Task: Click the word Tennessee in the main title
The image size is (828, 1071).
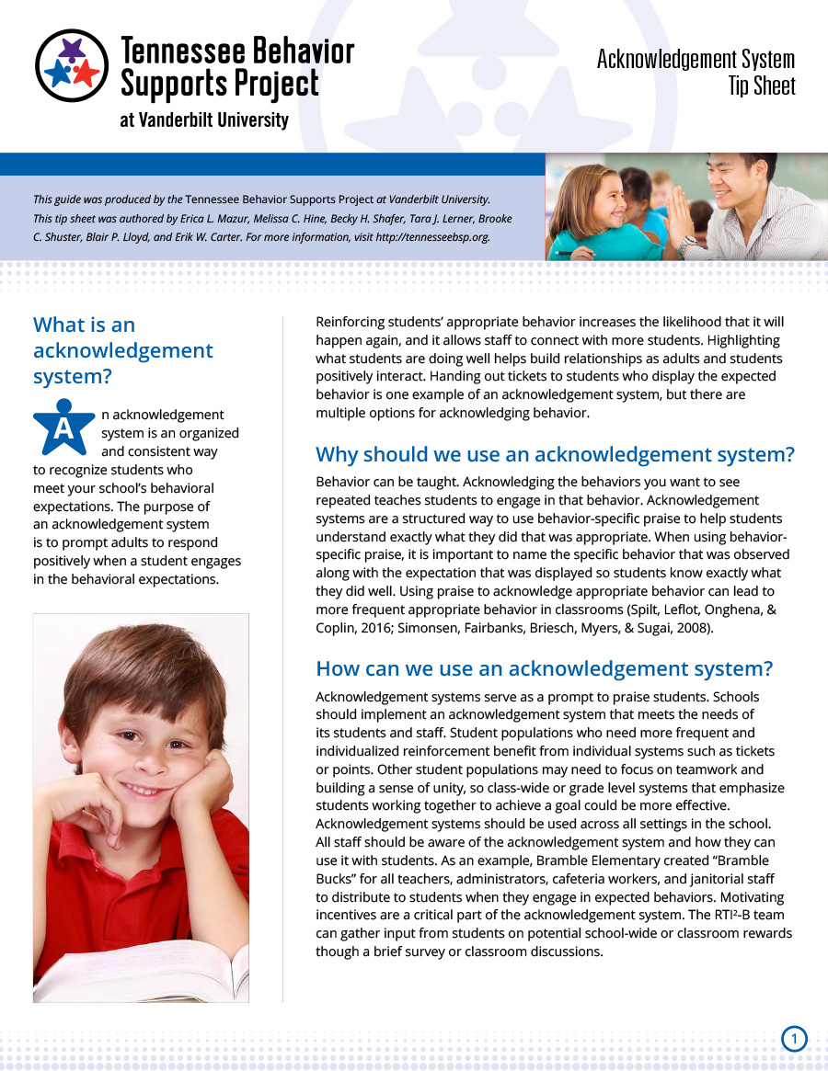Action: coord(176,51)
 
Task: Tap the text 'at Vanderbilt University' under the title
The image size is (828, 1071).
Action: coord(203,120)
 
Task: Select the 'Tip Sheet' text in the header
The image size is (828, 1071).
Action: coord(761,87)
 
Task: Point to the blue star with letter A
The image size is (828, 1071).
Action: coord(63,427)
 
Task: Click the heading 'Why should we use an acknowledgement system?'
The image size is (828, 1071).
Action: coord(555,454)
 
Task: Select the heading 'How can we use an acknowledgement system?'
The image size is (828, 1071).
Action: coord(544,668)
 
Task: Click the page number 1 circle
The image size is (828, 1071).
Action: coord(794,1040)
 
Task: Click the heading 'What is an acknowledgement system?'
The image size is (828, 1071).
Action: coord(122,350)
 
